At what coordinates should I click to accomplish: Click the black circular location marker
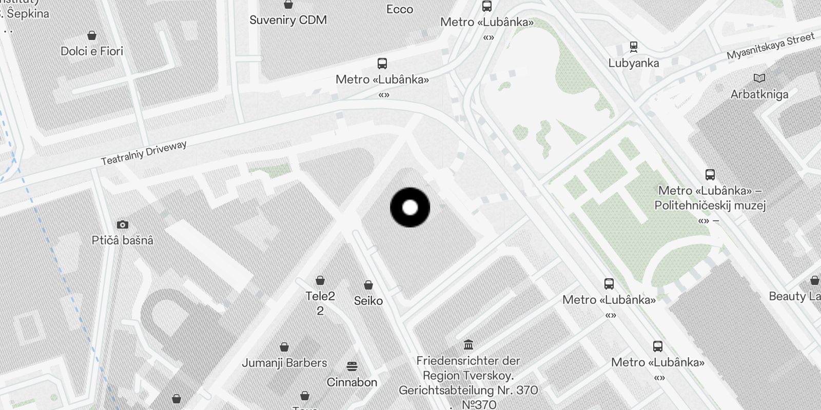pos(410,208)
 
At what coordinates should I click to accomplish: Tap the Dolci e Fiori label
pos(92,51)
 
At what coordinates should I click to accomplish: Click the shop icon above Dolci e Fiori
pos(92,35)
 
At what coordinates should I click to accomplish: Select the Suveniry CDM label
pos(288,20)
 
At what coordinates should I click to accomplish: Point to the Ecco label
pos(400,9)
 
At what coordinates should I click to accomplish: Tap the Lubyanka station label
pos(634,63)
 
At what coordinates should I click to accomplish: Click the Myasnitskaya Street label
pos(770,46)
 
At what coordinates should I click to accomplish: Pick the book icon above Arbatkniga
pos(759,78)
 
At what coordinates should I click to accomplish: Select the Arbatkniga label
pos(759,94)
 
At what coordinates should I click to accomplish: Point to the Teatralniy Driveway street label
pos(144,153)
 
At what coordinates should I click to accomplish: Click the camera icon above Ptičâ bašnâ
pos(122,224)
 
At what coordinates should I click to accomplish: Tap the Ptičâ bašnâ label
pos(122,240)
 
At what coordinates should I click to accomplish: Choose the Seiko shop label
pos(368,301)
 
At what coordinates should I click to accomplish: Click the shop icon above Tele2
pos(320,280)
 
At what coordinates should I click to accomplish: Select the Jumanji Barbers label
pos(284,363)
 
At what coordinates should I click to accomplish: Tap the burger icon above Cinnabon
pos(352,366)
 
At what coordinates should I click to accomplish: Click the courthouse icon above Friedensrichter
pos(468,344)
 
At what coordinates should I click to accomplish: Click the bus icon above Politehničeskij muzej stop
pos(710,175)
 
